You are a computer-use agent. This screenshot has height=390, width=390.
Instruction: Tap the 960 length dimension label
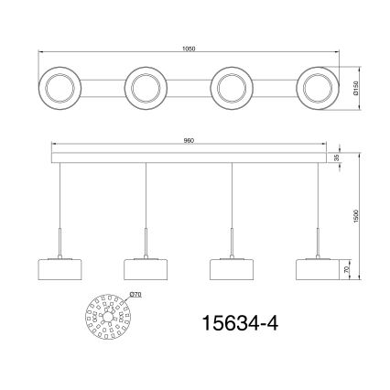[189, 140]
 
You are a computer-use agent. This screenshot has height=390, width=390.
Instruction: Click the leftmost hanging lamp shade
[60, 269]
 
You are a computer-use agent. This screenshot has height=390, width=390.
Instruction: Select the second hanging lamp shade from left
[146, 269]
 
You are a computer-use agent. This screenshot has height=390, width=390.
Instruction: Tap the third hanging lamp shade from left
[231, 269]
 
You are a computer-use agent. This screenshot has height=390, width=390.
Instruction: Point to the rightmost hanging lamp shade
[317, 269]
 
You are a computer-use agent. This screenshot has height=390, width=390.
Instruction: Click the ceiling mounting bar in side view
[189, 158]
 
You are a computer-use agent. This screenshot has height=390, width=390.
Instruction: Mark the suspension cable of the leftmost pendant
[60, 201]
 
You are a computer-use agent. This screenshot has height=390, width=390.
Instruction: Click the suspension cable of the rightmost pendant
[317, 201]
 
